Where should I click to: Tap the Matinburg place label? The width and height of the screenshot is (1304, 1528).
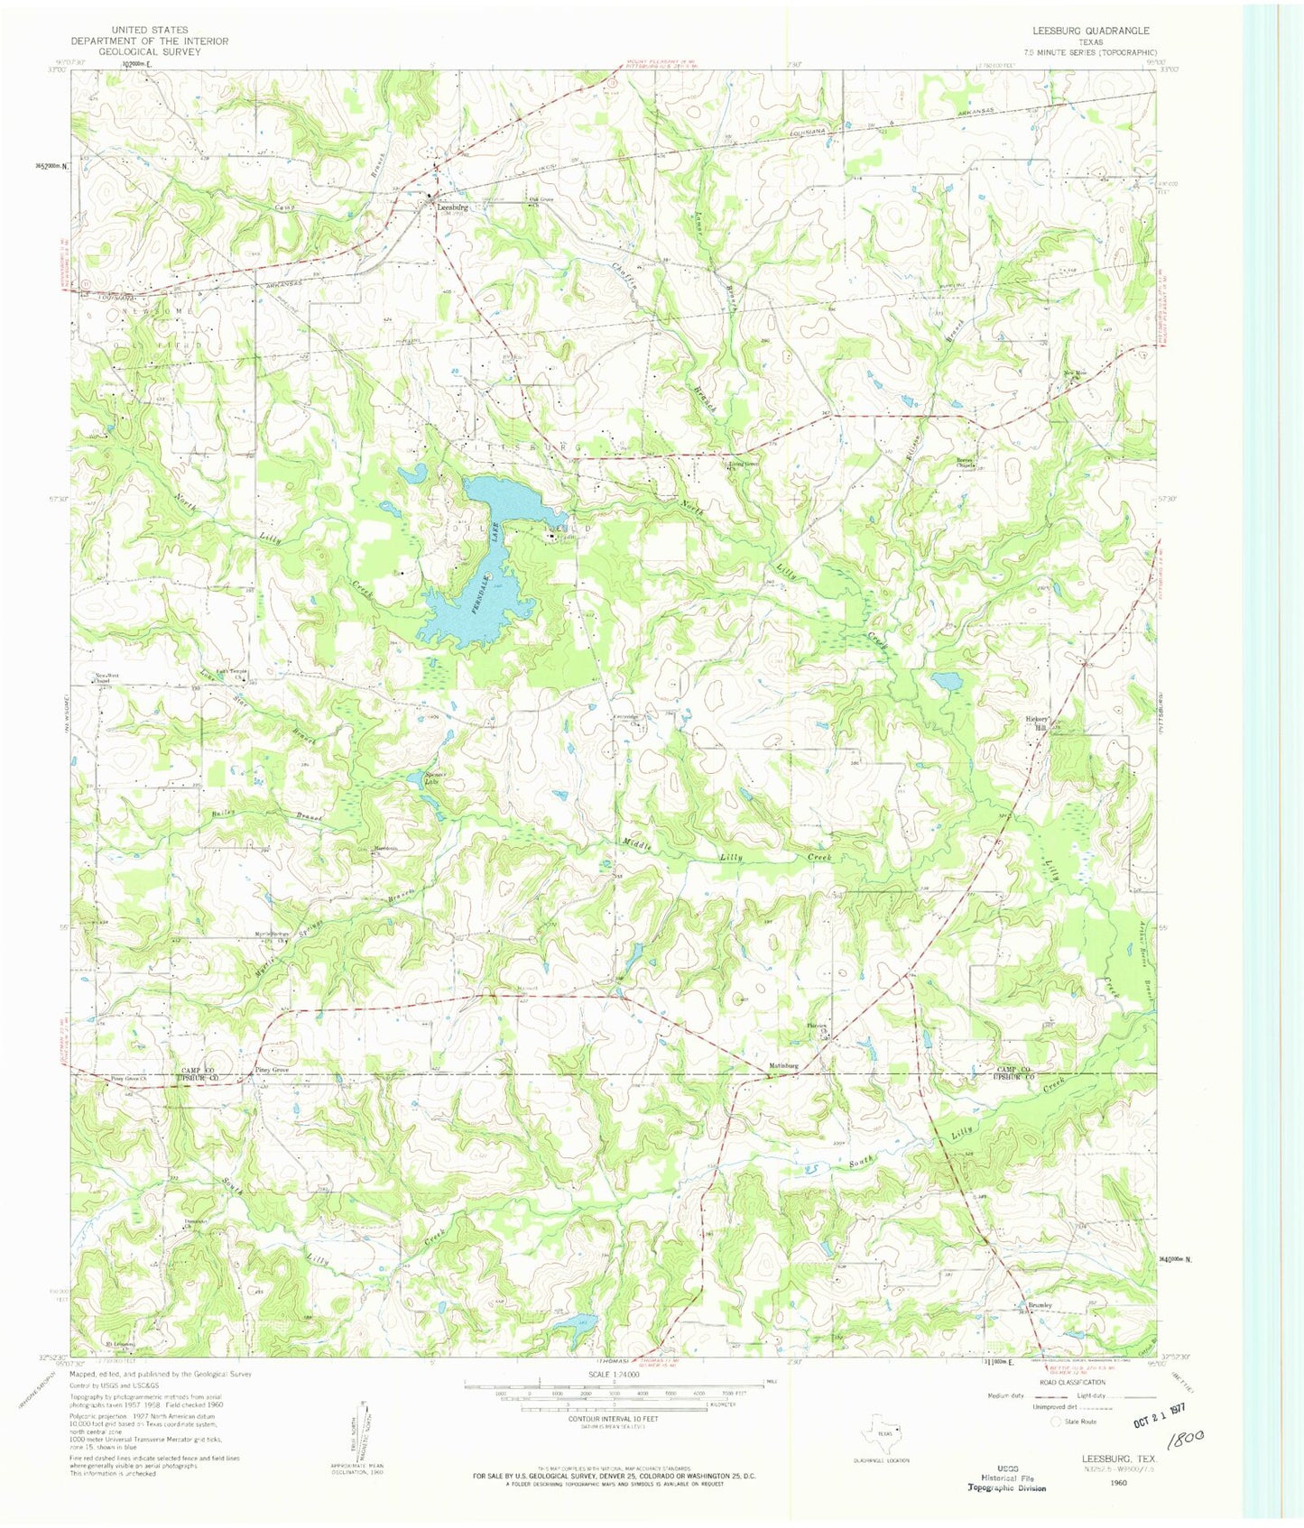[783, 1066]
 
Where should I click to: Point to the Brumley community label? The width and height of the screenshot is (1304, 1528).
[1040, 1304]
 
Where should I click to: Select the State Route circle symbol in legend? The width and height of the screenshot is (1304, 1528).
[1057, 1421]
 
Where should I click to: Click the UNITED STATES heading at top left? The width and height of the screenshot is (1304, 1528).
[150, 31]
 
